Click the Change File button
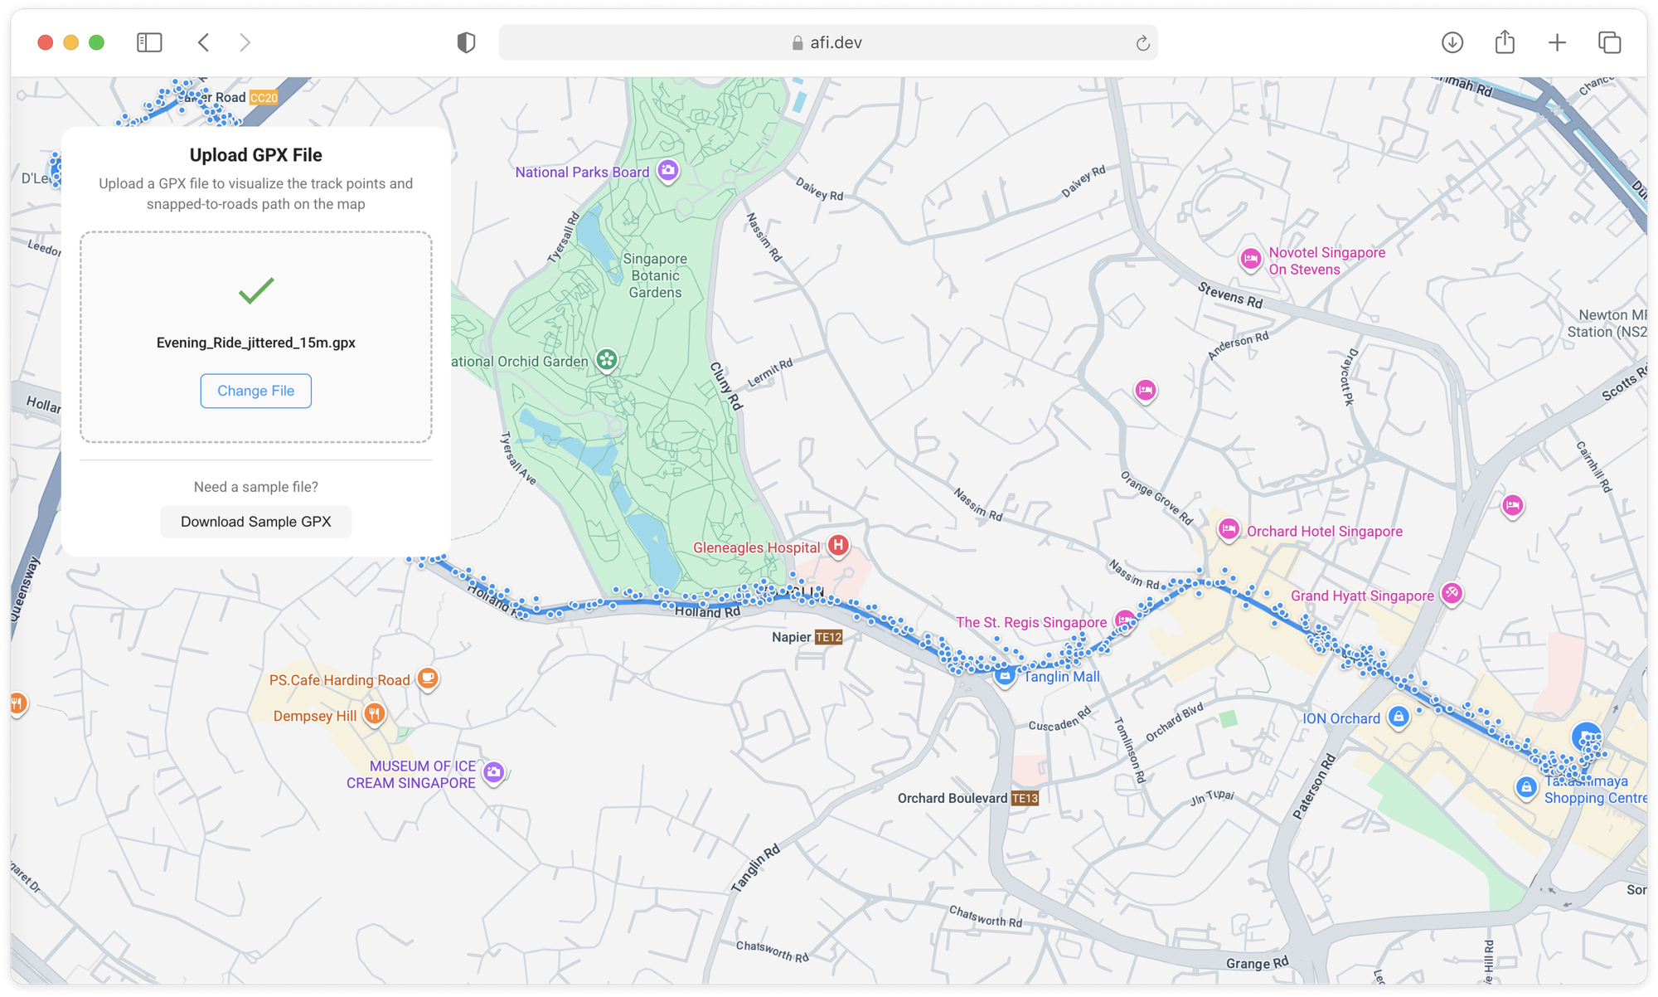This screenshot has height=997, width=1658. pos(255,391)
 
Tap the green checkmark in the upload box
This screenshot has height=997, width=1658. pos(256,290)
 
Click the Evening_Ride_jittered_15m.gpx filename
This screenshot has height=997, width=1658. pos(255,343)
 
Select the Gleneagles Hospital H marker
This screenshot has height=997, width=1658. pos(838,546)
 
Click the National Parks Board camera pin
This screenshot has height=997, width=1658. pos(667,171)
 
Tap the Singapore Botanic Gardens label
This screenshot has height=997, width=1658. pos(655,275)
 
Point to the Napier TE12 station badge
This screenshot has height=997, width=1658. pos(828,637)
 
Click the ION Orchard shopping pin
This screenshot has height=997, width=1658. pos(1399,717)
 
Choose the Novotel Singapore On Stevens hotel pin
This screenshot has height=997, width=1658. pos(1250,259)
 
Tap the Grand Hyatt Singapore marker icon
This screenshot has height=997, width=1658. pos(1451,593)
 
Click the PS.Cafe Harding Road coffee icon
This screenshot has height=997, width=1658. pos(427,678)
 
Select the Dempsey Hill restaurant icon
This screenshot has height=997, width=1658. pos(375,713)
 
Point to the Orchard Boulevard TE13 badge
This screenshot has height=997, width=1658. pos(1025,798)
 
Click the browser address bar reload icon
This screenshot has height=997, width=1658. pos(1142,43)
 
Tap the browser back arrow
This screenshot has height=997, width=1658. pos(204,42)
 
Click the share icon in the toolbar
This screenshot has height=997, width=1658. pos(1505,42)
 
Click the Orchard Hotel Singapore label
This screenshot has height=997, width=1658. pos(1324,532)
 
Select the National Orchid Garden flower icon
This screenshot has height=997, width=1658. pos(607,360)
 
